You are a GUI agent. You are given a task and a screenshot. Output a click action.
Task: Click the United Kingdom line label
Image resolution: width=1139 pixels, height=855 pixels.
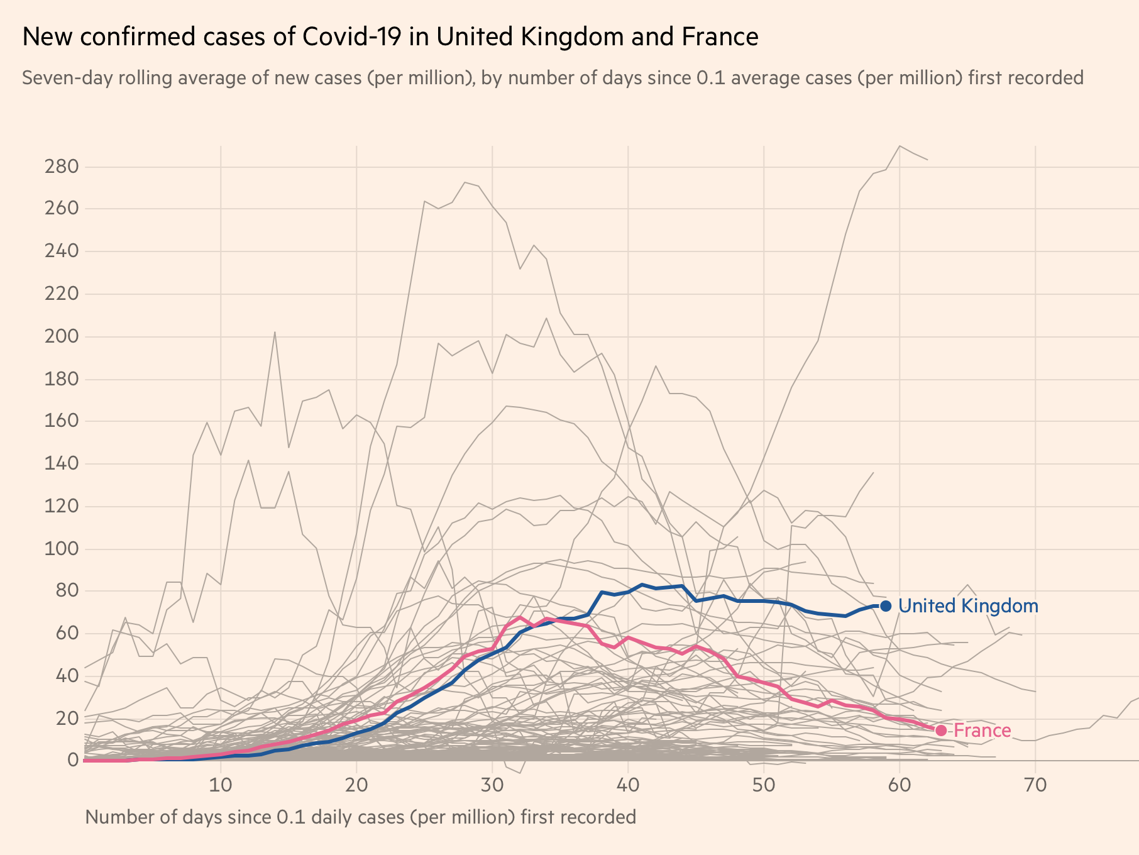[x=968, y=606]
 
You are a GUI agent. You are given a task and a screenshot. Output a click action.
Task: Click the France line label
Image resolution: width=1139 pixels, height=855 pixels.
[x=982, y=731]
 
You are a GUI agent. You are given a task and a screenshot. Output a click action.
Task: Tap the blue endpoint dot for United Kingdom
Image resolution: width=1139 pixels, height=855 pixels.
[x=886, y=606]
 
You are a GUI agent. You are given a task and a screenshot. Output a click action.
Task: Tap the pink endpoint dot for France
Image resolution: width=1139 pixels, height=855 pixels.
[x=940, y=731]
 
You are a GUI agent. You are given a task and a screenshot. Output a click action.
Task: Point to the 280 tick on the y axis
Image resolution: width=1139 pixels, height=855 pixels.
[x=61, y=167]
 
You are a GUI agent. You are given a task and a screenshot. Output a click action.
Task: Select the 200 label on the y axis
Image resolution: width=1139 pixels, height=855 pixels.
[x=61, y=336]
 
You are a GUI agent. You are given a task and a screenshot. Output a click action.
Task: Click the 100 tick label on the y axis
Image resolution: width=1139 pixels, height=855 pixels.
[x=61, y=549]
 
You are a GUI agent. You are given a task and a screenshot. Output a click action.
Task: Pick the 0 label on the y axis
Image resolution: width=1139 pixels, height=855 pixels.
[x=73, y=761]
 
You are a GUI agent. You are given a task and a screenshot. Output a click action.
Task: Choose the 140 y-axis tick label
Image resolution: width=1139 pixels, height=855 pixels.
[x=61, y=464]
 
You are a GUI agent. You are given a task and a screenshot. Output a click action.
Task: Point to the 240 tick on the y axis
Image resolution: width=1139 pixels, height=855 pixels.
[x=61, y=251]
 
